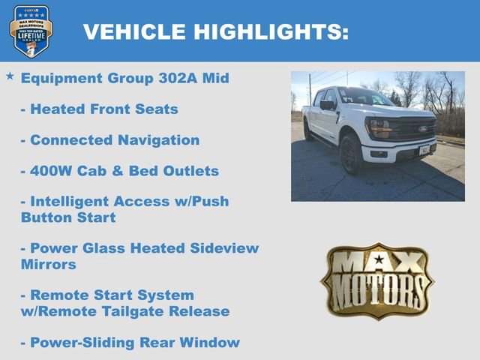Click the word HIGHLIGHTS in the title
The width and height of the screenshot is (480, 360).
[271, 31]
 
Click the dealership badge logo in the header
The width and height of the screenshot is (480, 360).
[31, 31]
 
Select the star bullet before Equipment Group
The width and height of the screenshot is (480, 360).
[10, 76]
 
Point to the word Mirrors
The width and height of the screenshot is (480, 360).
[49, 264]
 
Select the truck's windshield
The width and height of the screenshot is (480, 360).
[363, 97]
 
